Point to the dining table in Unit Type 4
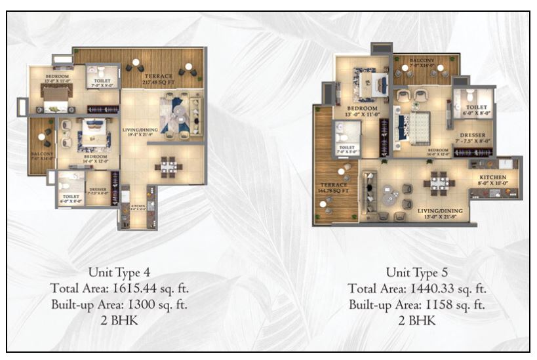pos(169,167)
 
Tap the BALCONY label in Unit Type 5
pos(423,60)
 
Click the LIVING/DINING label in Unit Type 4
pos(139,130)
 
